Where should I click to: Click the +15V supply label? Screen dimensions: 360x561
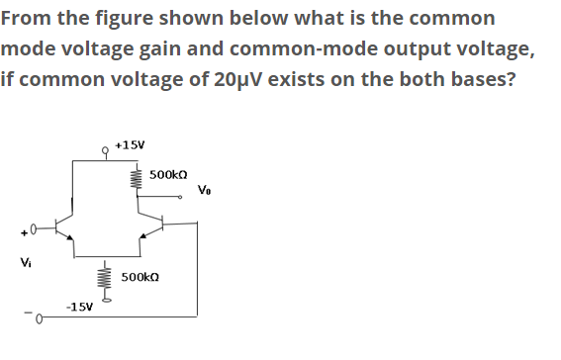click(131, 144)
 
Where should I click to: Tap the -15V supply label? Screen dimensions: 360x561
click(80, 306)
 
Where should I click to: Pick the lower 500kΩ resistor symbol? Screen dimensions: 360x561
click(102, 280)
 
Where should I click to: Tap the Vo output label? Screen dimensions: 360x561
click(204, 189)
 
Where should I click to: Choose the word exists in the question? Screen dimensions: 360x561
click(307, 78)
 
